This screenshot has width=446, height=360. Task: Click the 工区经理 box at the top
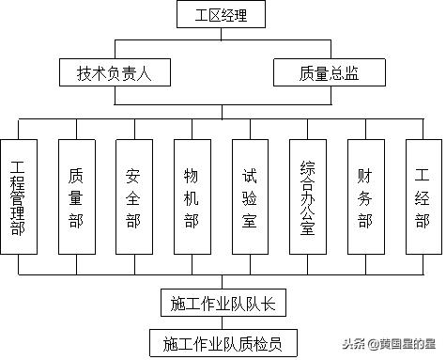223,14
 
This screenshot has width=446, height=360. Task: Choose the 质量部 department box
76,196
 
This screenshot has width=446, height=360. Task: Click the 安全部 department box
133,196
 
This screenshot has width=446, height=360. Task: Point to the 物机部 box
192,196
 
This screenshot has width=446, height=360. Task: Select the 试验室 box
250,196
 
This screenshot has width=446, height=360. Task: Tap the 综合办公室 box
307,196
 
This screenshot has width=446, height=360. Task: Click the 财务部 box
365,196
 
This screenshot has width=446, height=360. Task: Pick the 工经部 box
423,196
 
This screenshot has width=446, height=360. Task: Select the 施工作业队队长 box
223,304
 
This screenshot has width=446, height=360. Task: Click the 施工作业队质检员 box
223,340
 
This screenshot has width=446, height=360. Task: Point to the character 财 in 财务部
365,174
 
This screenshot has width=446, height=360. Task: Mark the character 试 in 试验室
250,174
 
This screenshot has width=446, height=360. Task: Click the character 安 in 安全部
133,174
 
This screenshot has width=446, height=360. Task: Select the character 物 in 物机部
192,174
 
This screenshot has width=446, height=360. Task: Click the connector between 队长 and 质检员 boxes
223,321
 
